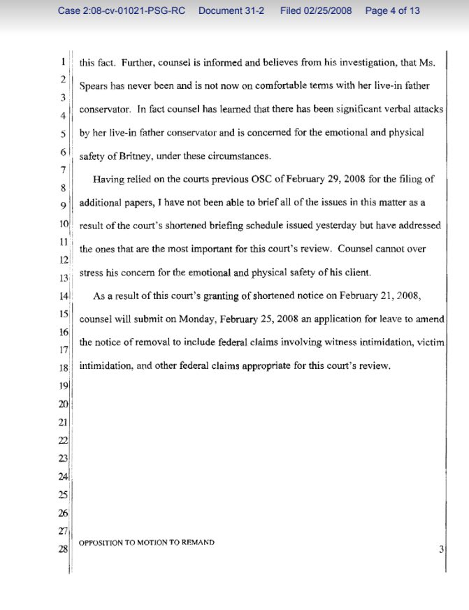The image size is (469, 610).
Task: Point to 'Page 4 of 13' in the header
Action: pos(393,11)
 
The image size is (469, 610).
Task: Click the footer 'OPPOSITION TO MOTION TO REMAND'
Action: pos(147,542)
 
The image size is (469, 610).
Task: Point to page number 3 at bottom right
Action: pos(441,549)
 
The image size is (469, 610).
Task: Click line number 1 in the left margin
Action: pos(64,61)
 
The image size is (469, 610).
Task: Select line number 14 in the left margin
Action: pos(62,296)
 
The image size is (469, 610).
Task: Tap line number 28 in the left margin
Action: pos(62,549)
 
